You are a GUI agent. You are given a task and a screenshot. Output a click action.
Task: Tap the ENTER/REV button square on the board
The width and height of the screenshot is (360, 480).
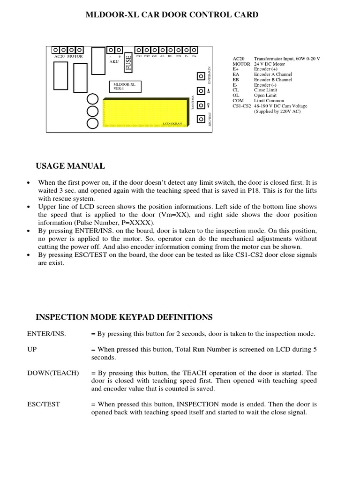[201, 76]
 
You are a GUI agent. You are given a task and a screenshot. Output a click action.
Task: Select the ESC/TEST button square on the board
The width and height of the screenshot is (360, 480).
[201, 119]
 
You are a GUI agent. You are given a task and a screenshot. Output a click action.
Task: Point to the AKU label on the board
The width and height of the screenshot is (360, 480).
[114, 61]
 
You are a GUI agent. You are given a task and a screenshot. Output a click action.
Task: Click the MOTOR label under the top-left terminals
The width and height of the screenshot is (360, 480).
[75, 56]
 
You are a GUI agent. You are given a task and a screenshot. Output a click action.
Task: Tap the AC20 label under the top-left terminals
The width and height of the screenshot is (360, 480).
[60, 56]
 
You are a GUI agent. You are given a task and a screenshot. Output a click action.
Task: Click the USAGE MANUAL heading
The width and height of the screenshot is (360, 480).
[70, 166]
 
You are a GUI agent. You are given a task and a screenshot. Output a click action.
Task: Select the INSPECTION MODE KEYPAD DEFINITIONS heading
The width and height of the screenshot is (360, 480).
[124, 317]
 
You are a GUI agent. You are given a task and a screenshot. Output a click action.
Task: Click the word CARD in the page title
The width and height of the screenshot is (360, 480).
[247, 15]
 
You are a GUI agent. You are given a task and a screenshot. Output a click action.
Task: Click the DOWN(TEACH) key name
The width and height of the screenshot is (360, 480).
[53, 373]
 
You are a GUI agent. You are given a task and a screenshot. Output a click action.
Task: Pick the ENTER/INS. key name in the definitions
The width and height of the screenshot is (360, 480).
[46, 334]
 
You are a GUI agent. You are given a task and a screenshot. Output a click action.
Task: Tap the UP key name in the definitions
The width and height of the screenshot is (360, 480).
[32, 349]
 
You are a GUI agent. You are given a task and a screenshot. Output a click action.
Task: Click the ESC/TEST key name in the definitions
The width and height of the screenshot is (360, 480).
[44, 404]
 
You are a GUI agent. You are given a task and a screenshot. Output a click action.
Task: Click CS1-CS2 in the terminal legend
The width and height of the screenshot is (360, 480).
[242, 106]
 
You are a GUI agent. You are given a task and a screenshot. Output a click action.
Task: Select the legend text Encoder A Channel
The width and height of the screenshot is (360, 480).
[273, 74]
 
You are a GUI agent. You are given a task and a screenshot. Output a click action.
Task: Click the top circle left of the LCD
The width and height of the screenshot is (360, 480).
[93, 99]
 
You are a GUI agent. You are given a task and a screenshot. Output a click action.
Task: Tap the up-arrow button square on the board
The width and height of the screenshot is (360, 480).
[201, 91]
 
